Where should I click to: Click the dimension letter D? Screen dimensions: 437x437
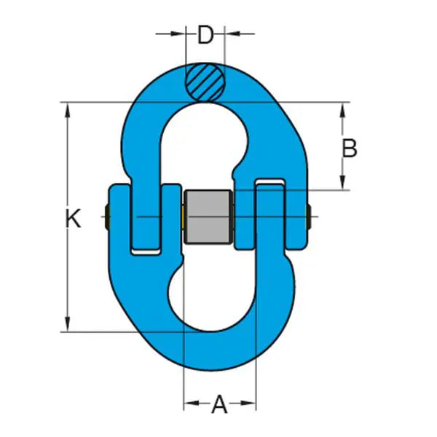(205, 34)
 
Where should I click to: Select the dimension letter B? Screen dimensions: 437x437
(350, 149)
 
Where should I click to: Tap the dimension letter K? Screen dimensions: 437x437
(74, 219)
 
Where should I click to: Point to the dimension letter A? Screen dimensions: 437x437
(219, 403)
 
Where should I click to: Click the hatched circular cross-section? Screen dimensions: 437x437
(205, 80)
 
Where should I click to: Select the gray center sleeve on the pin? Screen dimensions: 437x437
(208, 217)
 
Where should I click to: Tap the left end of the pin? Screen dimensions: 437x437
(108, 216)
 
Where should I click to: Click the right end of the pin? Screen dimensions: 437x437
(311, 216)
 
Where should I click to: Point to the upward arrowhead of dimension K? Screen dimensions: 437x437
(68, 109)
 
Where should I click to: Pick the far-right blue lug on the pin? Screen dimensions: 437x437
(297, 216)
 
